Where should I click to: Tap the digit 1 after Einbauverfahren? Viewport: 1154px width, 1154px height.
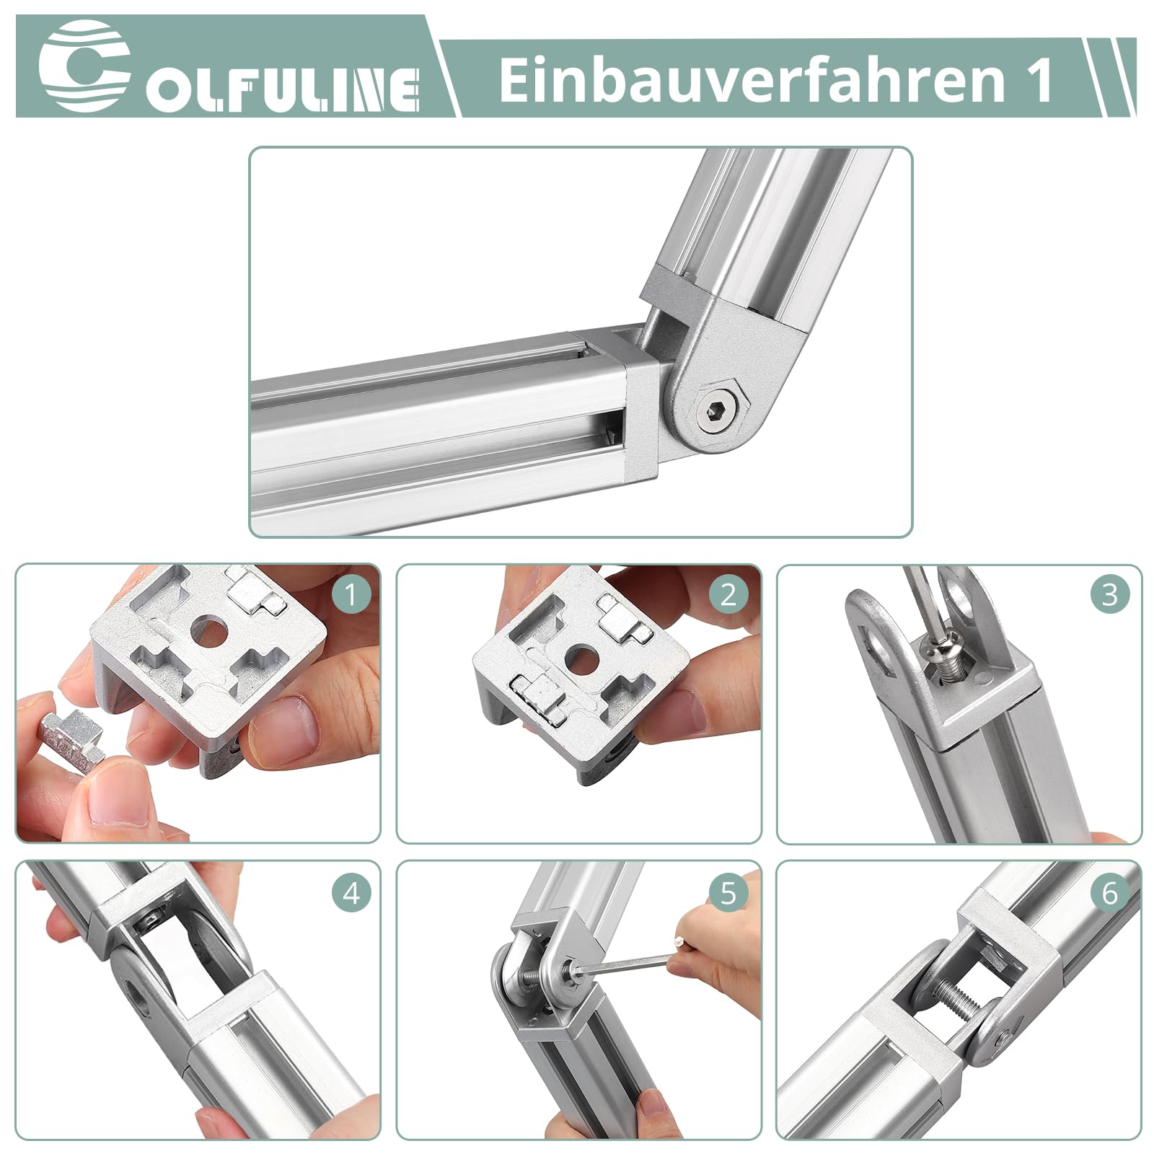point(1040,80)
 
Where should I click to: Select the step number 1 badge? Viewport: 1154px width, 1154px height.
point(351,596)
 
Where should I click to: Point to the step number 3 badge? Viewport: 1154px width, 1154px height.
point(1109,595)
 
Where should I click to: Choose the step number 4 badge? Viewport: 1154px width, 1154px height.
point(351,894)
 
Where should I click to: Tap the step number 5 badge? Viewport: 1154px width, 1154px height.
point(728,893)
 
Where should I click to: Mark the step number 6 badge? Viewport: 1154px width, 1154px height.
point(1109,893)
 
